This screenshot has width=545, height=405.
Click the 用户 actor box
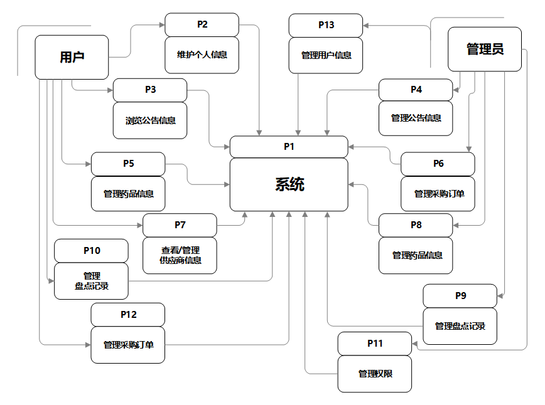tap(72, 57)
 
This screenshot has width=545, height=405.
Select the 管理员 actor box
tap(485, 50)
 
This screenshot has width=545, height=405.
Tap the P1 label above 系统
tap(289, 147)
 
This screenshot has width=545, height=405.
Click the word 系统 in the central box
tap(289, 184)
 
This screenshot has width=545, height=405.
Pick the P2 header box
tap(202, 25)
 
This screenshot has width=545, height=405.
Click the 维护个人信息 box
tap(202, 55)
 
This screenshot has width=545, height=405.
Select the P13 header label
tap(326, 26)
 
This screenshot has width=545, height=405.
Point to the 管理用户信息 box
tap(326, 55)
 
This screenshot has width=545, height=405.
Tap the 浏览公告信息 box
tap(150, 120)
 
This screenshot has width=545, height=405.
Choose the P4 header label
tap(416, 90)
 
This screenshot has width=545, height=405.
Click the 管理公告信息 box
tap(416, 118)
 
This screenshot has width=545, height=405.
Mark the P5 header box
tap(128, 164)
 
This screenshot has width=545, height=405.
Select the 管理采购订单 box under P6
tap(438, 194)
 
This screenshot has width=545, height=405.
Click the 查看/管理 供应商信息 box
tap(180, 255)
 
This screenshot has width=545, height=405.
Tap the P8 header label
tap(416, 225)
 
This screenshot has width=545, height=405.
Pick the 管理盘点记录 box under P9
tap(460, 326)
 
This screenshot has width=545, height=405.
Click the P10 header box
tap(92, 251)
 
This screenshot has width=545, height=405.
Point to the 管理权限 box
tap(375, 374)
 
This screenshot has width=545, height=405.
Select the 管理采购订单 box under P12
tap(128, 344)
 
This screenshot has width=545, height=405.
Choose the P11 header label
tap(375, 344)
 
